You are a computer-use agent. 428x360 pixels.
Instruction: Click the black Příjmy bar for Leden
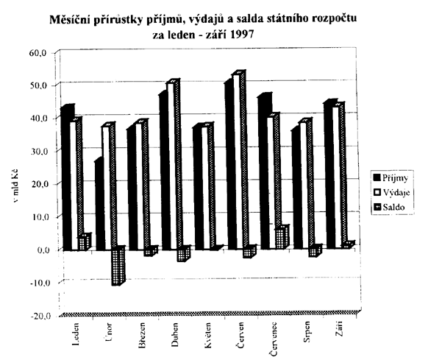[67, 177]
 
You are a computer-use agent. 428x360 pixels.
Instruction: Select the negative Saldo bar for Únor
[118, 266]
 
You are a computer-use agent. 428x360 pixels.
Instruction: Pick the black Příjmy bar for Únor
[99, 205]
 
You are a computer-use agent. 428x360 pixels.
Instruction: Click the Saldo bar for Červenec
[282, 237]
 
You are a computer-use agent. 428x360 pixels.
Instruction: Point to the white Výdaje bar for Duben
[171, 165]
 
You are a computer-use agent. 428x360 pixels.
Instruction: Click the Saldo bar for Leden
[84, 241]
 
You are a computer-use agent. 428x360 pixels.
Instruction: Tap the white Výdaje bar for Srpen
[303, 184]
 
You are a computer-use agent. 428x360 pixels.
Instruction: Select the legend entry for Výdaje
[391, 192]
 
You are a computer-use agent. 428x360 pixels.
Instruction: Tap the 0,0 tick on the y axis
[43, 250]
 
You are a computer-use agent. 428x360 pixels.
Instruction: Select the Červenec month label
[274, 339]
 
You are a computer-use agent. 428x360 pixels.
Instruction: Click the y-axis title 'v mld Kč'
[15, 187]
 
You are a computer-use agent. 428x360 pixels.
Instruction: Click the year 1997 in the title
[242, 35]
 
